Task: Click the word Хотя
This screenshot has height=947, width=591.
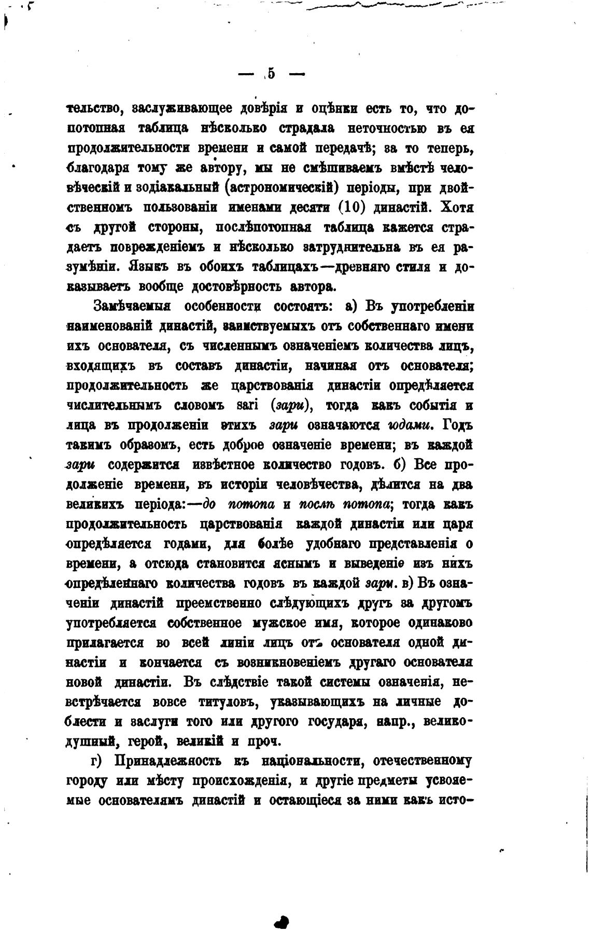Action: tap(456, 207)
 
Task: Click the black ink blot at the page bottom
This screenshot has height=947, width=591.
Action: tap(282, 893)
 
